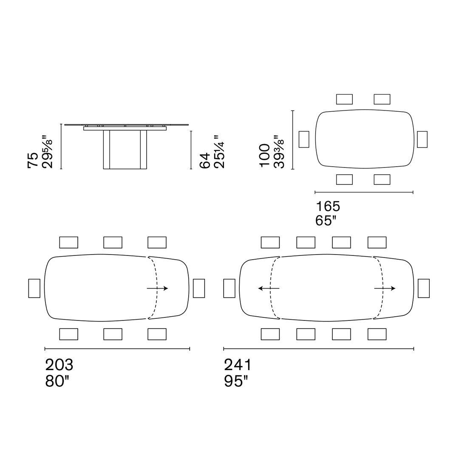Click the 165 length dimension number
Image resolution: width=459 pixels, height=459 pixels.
click(328, 207)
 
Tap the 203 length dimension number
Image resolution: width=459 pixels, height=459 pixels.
click(59, 365)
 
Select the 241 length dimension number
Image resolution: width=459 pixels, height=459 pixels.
click(238, 365)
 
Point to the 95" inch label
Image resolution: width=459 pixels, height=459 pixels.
click(236, 381)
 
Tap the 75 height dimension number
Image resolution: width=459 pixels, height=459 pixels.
click(33, 160)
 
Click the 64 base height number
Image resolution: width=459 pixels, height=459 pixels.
click(205, 160)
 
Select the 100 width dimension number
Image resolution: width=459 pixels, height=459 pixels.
click(265, 156)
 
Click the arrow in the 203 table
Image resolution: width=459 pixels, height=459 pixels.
click(158, 288)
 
